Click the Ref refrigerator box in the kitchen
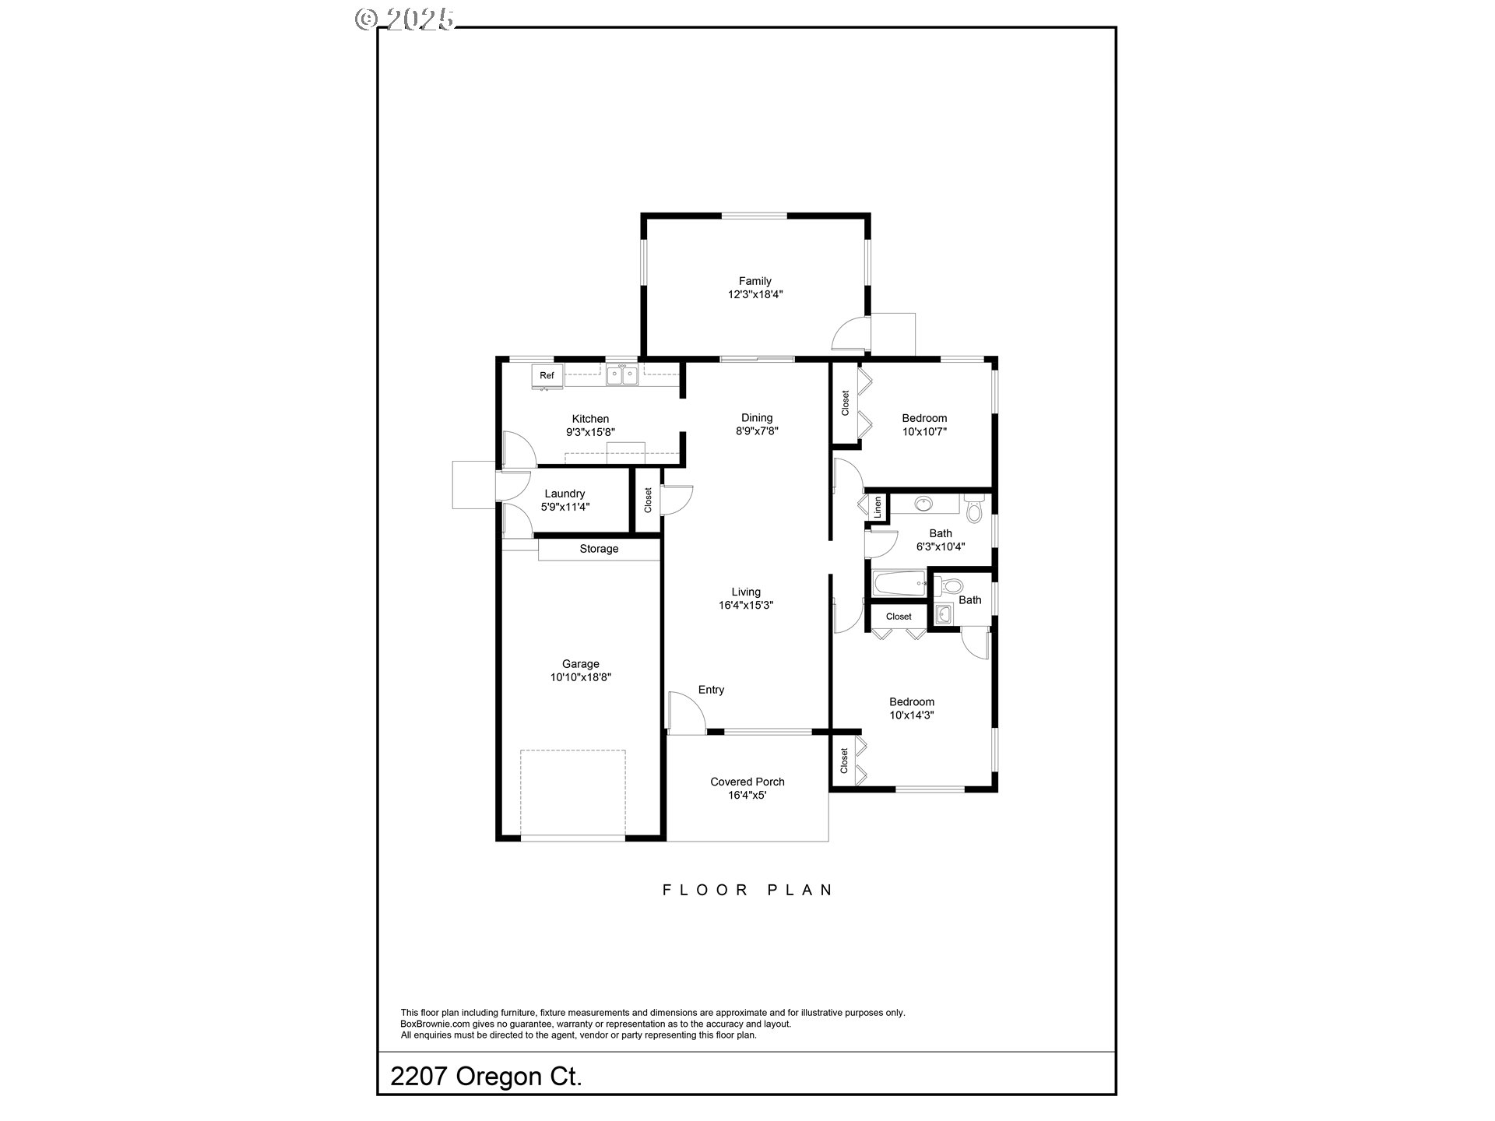547,376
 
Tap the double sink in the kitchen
622,377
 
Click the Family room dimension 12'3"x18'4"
755,295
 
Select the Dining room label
756,418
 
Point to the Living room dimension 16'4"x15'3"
745,606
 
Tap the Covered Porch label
747,782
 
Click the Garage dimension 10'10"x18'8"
580,678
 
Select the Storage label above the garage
599,550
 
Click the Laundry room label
565,494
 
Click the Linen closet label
878,508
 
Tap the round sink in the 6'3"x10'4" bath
924,504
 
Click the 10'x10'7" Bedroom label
924,418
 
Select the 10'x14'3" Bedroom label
912,702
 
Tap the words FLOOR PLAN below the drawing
747,890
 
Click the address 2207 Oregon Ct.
486,1077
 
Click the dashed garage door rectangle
572,792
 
